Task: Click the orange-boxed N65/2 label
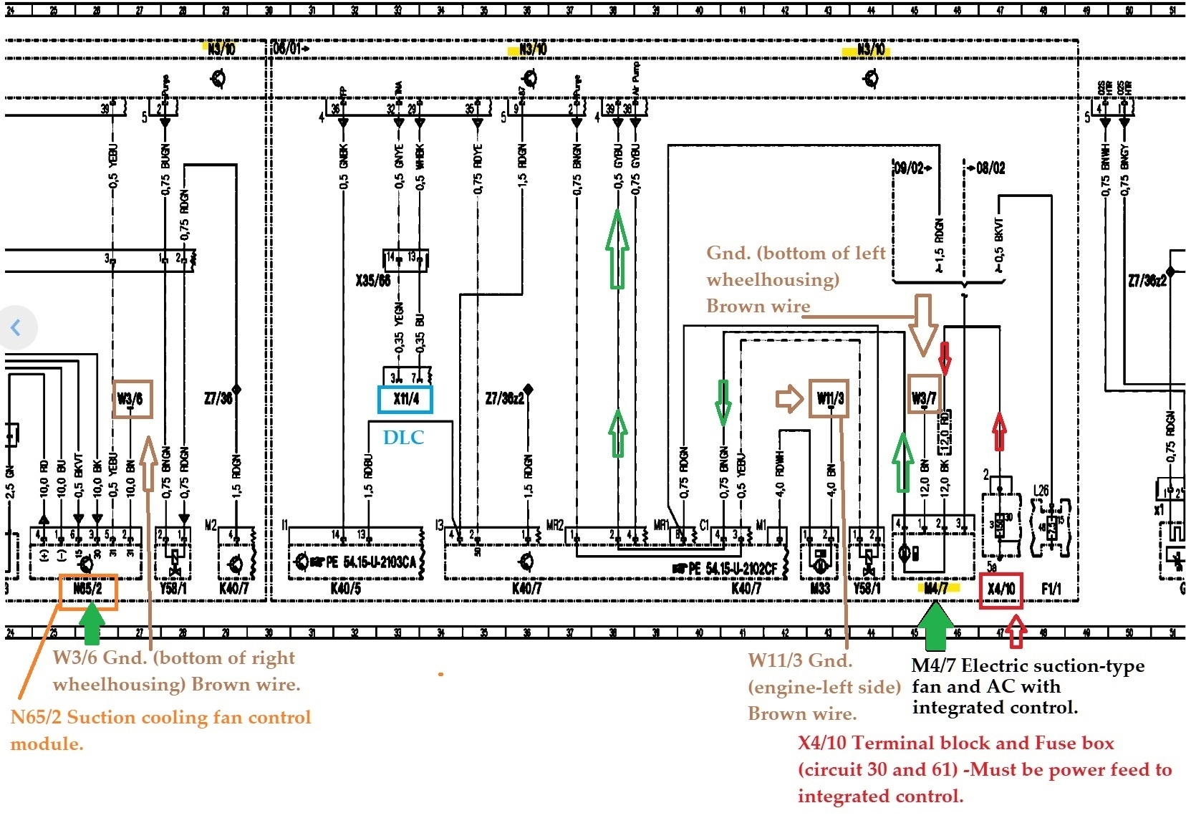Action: click(87, 590)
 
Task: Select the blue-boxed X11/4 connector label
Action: click(405, 399)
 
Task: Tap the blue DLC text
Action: click(403, 438)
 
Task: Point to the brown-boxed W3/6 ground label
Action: click(132, 399)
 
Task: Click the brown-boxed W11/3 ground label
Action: click(830, 398)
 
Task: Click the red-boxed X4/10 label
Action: click(1001, 590)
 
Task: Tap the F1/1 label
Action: click(1051, 589)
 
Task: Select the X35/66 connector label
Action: click(373, 280)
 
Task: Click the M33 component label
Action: click(820, 589)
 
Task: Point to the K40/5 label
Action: click(346, 589)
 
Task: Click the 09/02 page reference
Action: click(912, 168)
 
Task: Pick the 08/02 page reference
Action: click(987, 168)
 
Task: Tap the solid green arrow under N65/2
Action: click(90, 623)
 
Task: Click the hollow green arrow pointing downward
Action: click(723, 403)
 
